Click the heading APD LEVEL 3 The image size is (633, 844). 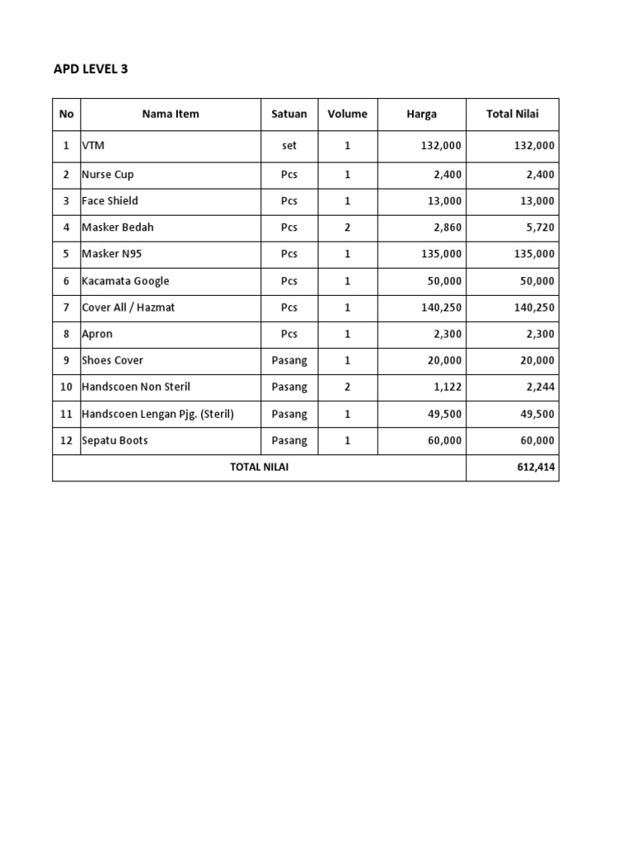(91, 69)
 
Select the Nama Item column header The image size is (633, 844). (171, 114)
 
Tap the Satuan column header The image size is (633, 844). (289, 114)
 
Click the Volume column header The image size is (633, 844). (347, 114)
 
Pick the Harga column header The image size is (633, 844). (421, 114)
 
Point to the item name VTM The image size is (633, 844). (93, 145)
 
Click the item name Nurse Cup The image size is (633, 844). (107, 175)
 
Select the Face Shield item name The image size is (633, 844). (110, 201)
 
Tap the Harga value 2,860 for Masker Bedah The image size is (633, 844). (446, 227)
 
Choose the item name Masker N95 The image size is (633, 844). (111, 254)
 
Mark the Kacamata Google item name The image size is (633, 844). (125, 281)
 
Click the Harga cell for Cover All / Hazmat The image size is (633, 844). (441, 307)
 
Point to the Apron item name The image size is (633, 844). (97, 334)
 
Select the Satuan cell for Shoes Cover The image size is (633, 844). (289, 360)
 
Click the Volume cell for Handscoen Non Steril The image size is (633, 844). (347, 387)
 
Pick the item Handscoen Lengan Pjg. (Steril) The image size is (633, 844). (157, 414)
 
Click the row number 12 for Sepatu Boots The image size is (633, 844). (66, 440)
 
